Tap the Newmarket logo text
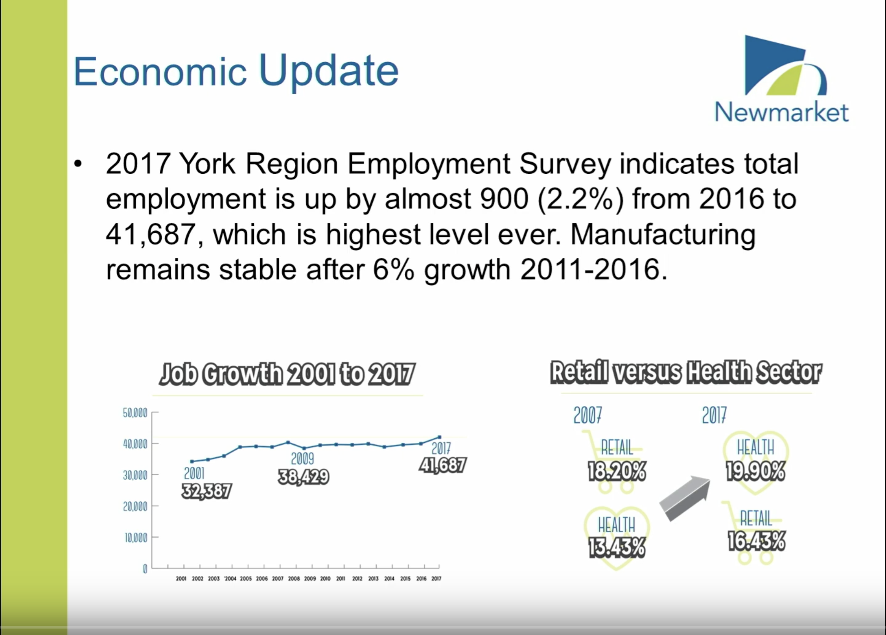781,112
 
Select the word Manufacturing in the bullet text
663,235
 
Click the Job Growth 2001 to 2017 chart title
286,374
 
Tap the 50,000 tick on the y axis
135,413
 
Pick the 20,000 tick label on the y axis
135,507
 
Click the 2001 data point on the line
192,461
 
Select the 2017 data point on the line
439,437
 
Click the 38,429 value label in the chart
303,477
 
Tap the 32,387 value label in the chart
207,491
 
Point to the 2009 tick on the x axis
310,579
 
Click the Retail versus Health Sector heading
686,373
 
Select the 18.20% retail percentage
617,471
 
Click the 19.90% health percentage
756,471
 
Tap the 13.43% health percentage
617,548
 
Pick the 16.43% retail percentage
757,541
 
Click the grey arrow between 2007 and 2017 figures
685,499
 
